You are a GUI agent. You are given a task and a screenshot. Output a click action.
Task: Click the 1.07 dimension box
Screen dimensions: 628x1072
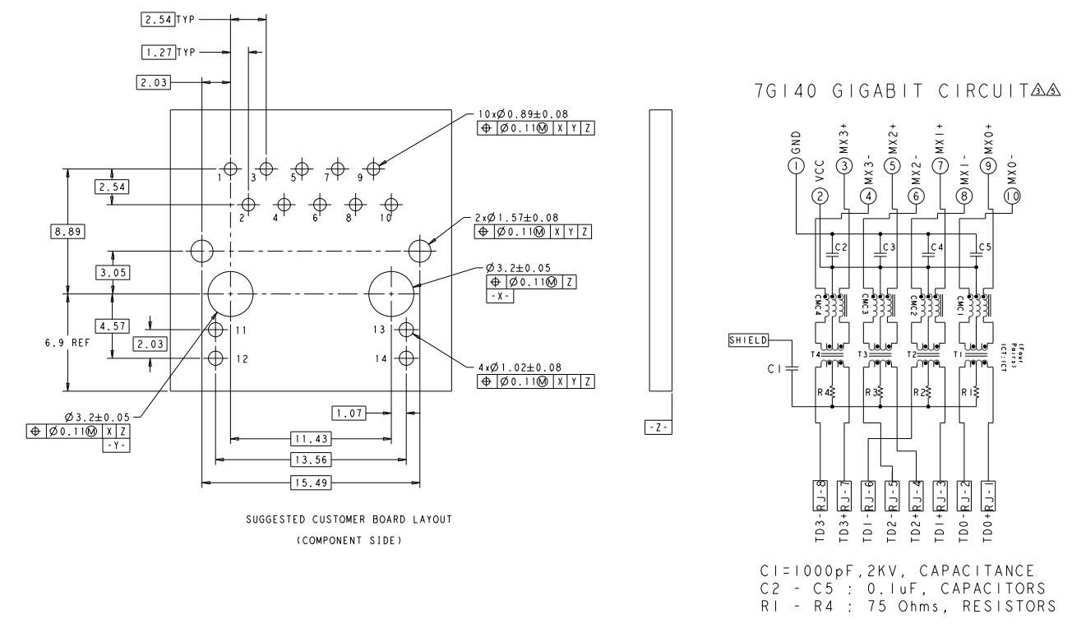(x=349, y=411)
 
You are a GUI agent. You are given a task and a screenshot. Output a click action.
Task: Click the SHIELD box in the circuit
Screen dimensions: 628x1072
(x=748, y=339)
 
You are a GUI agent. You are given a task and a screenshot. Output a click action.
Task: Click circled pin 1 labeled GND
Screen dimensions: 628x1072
(x=795, y=166)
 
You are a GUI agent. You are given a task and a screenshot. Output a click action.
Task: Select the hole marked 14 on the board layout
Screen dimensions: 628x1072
(x=405, y=358)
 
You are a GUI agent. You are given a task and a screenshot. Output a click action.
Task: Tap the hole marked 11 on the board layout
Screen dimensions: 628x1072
(x=216, y=330)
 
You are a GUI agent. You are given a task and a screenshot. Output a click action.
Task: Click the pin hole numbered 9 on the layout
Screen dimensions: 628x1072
(x=374, y=169)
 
